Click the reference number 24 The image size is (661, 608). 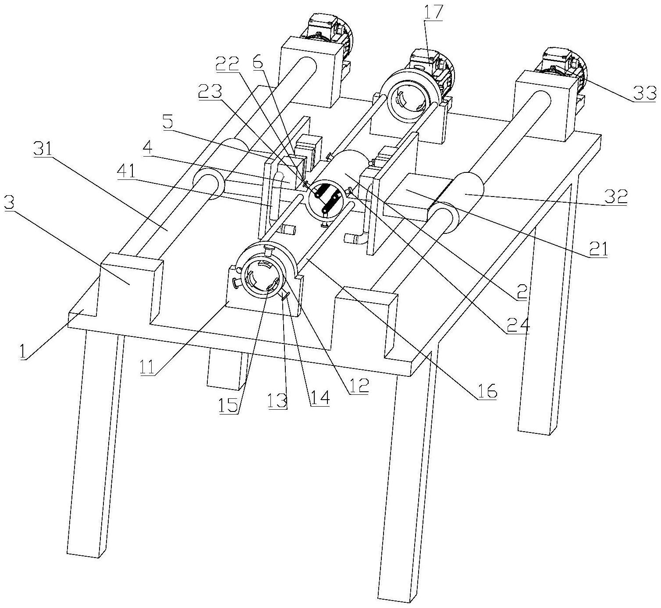[x=518, y=325]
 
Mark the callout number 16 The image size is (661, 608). [x=486, y=392]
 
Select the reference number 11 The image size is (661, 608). [x=147, y=367]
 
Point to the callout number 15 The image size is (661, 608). [x=228, y=404]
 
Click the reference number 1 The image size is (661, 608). [x=23, y=351]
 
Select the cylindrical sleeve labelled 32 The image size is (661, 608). [x=464, y=191]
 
